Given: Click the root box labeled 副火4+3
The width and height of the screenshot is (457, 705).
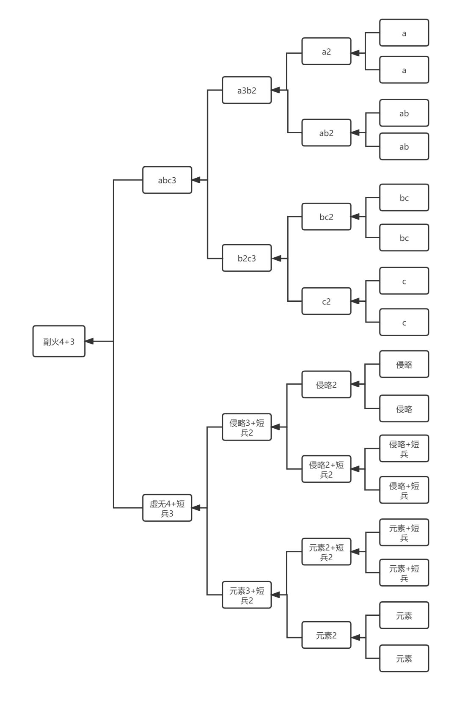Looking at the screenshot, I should [x=59, y=341].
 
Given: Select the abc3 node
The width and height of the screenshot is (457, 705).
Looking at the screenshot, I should [x=167, y=180].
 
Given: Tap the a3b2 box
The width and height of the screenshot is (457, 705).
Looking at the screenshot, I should [x=247, y=90].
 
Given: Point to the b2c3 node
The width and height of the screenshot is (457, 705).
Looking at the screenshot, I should [x=247, y=258].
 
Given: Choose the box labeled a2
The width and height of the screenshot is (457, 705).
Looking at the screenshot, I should [x=326, y=51].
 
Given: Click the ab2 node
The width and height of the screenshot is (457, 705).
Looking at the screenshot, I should [x=326, y=133].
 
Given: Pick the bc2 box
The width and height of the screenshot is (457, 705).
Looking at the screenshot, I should [x=326, y=217].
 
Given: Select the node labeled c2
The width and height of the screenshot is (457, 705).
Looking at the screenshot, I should [x=326, y=301].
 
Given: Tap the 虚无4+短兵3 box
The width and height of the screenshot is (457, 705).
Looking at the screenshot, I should [x=167, y=508].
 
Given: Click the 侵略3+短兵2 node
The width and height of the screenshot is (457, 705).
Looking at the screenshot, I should [x=247, y=427].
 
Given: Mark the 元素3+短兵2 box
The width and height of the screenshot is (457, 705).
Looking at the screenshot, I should [x=247, y=595].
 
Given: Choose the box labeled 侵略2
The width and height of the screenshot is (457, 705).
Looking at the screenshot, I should [x=326, y=385].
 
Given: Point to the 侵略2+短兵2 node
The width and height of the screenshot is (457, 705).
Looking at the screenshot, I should [x=326, y=469].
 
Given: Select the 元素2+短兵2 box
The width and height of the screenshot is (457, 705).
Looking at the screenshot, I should [x=326, y=552].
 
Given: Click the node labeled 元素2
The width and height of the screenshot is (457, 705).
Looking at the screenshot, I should [x=326, y=635].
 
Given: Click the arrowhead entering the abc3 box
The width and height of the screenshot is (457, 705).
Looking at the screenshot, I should [x=196, y=180].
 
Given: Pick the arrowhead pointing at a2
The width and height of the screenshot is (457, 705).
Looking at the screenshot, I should [x=355, y=53].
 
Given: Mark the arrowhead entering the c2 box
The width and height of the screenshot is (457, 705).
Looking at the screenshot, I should [x=355, y=301].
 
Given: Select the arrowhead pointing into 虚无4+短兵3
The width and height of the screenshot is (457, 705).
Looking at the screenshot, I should [x=196, y=508].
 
